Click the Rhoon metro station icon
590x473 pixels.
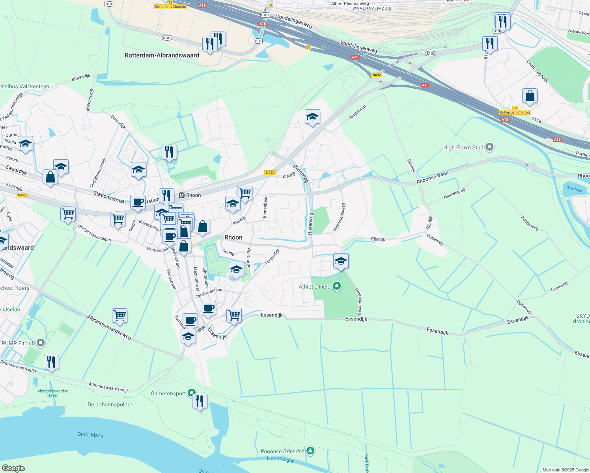click(x=182, y=195)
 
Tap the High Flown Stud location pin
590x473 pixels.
click(x=489, y=147)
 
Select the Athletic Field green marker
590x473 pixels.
click(x=336, y=286)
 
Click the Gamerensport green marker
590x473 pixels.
click(x=191, y=393)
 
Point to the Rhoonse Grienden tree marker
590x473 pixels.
click(x=310, y=451)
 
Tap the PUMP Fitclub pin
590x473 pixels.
click(x=40, y=343)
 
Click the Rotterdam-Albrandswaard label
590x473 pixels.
click(x=162, y=55)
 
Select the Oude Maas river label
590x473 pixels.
click(x=90, y=435)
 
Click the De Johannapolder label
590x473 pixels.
click(x=110, y=404)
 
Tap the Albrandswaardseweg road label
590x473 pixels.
click(x=109, y=327)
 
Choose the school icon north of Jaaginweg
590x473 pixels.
click(x=312, y=117)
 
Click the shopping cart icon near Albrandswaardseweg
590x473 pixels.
click(x=119, y=315)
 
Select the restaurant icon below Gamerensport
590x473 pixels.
click(x=200, y=401)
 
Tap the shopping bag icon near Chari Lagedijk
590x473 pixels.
click(x=530, y=96)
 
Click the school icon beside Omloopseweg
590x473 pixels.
click(x=341, y=261)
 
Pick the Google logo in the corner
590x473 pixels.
click(x=13, y=468)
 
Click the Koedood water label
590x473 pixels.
click(x=575, y=189)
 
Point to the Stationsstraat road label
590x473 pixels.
click(x=109, y=197)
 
